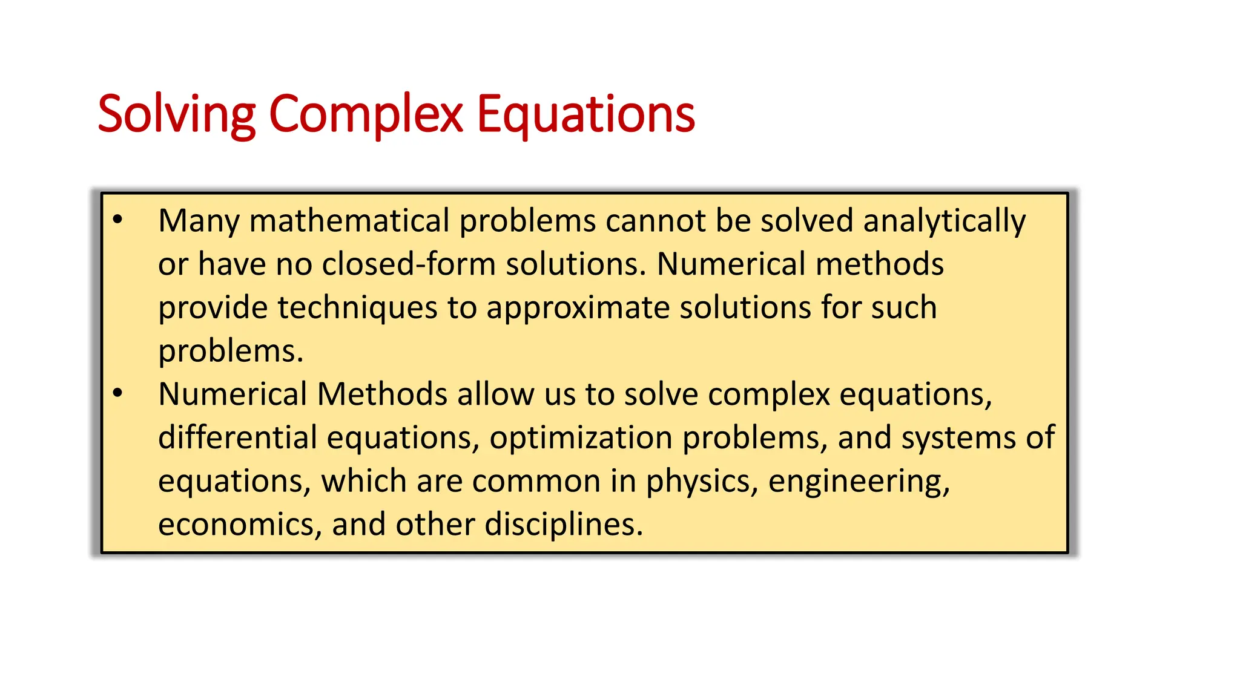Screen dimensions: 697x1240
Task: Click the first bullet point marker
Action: tap(118, 220)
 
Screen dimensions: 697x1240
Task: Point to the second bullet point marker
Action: tap(118, 394)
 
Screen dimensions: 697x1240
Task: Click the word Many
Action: tap(199, 221)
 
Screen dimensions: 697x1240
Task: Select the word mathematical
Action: tap(349, 220)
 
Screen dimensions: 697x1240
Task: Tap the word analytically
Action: tap(944, 221)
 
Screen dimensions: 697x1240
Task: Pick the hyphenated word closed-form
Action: tap(409, 264)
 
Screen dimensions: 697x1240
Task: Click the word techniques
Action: tap(357, 308)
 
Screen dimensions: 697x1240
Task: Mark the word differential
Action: tap(237, 437)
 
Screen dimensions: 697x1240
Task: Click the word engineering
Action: tap(859, 482)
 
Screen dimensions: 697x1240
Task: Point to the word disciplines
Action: tap(563, 525)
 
